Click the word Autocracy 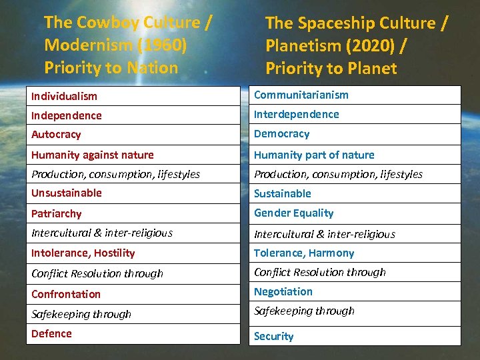click(x=56, y=134)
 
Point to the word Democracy click(x=281, y=133)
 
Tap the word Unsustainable click(x=67, y=193)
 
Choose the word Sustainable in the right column click(x=283, y=193)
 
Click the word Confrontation click(x=66, y=294)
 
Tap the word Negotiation click(x=283, y=291)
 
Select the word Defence click(x=51, y=333)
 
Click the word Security click(x=273, y=336)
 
